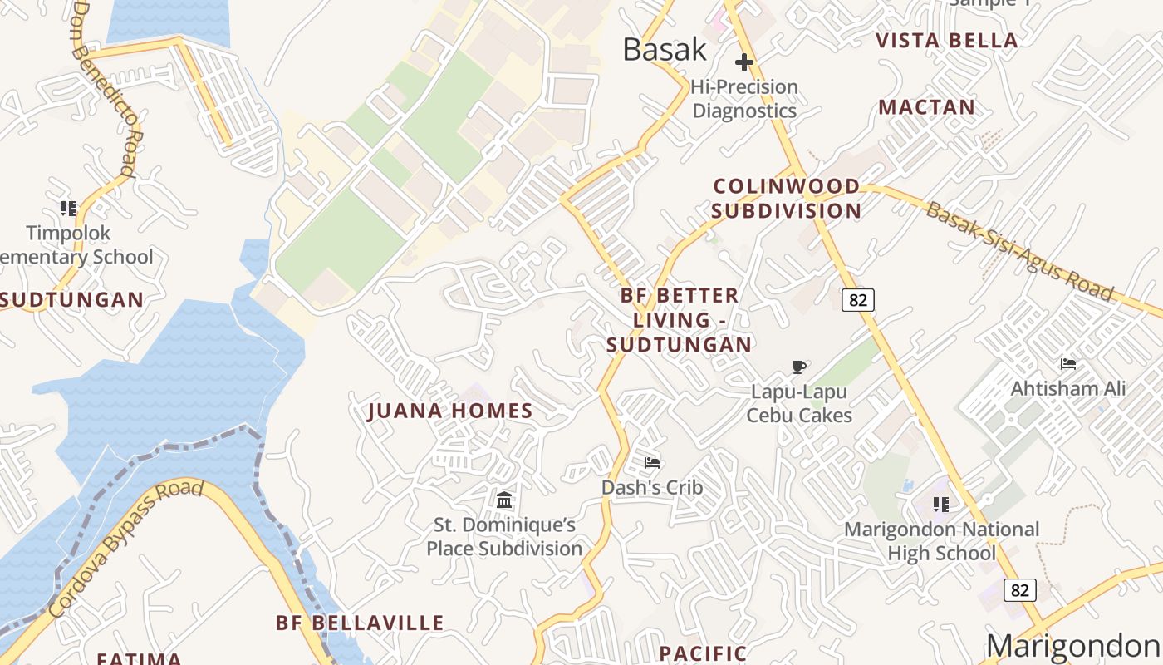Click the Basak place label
(x=665, y=50)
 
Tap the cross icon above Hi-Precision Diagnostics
(x=744, y=62)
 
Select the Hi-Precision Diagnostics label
(x=744, y=99)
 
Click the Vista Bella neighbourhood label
(x=947, y=41)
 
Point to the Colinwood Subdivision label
(x=786, y=198)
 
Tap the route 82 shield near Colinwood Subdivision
(x=858, y=299)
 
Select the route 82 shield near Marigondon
(x=1020, y=590)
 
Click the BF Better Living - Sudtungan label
(x=680, y=320)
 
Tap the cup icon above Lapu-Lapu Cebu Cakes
(x=799, y=367)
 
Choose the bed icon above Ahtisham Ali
(x=1068, y=364)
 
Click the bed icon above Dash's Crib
(x=652, y=463)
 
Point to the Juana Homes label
(x=450, y=411)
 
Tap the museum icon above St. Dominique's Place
(x=504, y=500)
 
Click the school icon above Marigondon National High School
(x=941, y=505)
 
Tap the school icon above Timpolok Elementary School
(x=68, y=209)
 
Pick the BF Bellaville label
(x=360, y=623)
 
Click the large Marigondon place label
(x=1072, y=646)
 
